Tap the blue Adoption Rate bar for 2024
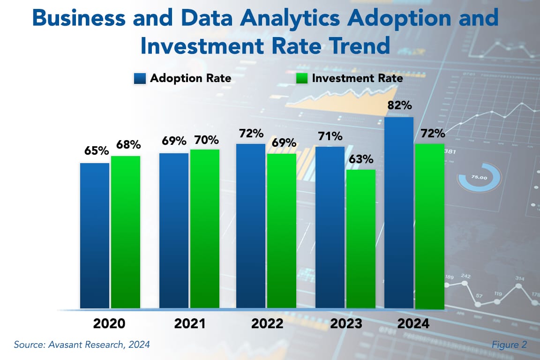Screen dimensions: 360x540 tap(399, 213)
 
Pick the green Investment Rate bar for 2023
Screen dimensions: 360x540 tap(361, 239)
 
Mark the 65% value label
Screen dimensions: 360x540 tap(97, 151)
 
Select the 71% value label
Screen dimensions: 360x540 tap(330, 136)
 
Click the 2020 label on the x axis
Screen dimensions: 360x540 tap(109, 324)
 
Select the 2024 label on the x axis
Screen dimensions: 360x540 tap(413, 324)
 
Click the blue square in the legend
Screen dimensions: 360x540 tap(140, 78)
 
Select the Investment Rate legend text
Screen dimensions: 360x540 tap(357, 78)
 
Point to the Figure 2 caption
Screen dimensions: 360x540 tap(509, 345)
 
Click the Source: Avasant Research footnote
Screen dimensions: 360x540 tap(82, 345)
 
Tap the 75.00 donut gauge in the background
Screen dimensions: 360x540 tap(479, 178)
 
